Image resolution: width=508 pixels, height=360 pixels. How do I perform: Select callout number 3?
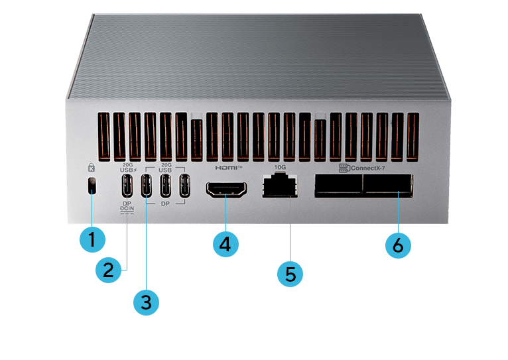pos(147,302)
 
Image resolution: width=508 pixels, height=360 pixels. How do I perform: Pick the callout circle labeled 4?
pos(225,243)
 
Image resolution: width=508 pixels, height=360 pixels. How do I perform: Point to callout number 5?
pos(290,272)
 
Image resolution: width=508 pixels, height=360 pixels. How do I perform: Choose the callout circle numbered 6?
pos(398,244)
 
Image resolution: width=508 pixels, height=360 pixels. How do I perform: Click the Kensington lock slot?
pos(92,187)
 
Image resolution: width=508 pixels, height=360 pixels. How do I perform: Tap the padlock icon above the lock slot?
pos(92,168)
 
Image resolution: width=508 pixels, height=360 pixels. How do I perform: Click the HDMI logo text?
pos(225,168)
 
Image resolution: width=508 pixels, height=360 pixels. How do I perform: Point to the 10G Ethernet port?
pos(279,187)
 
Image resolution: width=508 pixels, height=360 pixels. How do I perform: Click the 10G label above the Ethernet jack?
pos(279,167)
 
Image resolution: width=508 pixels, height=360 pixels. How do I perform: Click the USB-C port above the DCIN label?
pos(128,188)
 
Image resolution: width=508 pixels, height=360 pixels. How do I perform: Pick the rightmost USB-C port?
pos(186,188)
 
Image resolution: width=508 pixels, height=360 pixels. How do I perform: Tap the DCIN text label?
pos(127,210)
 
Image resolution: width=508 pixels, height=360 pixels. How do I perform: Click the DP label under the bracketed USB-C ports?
pos(166,205)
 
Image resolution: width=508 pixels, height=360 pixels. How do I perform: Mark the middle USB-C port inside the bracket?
pos(166,188)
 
